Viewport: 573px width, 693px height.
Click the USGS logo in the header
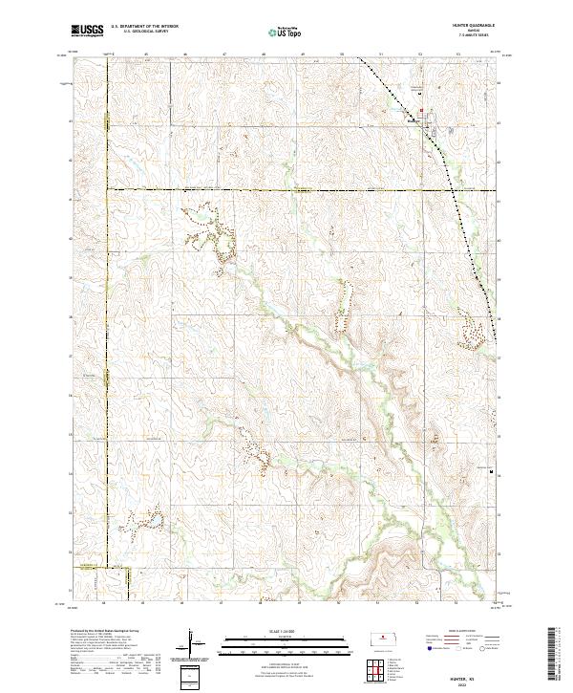coord(87,32)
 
